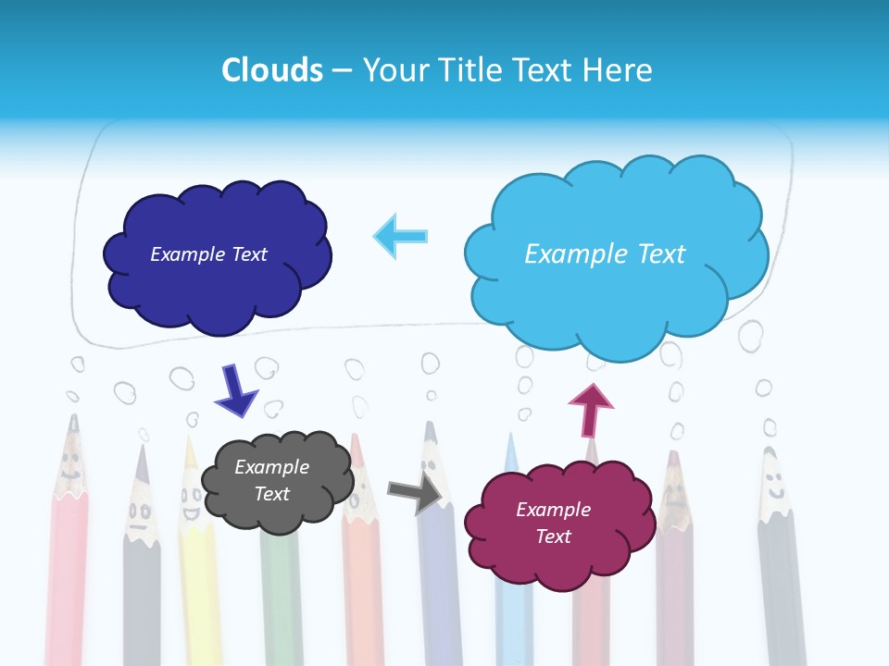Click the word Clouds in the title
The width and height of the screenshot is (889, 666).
click(x=272, y=70)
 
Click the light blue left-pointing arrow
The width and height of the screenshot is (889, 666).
click(x=401, y=236)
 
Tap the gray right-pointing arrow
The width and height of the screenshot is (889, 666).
click(x=414, y=494)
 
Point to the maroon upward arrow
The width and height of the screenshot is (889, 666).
click(x=590, y=409)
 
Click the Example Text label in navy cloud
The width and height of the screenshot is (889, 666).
click(x=208, y=254)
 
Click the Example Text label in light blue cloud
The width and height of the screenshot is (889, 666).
click(x=605, y=254)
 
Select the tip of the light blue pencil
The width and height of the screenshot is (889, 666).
click(x=510, y=438)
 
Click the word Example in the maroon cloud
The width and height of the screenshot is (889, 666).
click(x=553, y=510)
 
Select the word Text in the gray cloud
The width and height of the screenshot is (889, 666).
click(x=271, y=494)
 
